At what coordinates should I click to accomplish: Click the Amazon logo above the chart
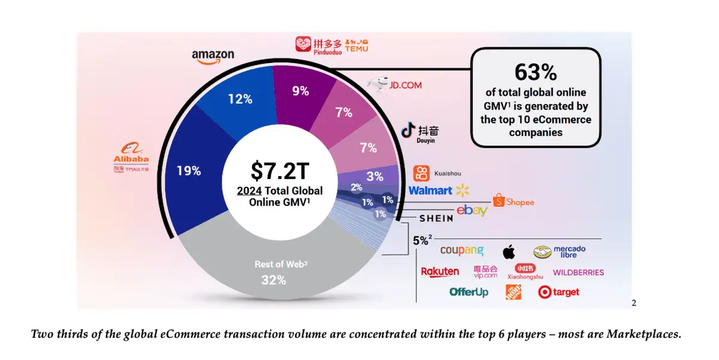tap(213, 55)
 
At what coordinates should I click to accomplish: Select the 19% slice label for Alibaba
tap(188, 171)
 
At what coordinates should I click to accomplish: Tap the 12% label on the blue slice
tap(240, 99)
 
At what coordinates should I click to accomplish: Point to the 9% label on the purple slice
tap(300, 91)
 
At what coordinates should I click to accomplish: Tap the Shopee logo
tap(513, 201)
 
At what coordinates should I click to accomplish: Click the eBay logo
tap(472, 210)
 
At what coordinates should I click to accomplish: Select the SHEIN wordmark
tap(431, 219)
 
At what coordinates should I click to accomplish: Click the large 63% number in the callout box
tap(536, 72)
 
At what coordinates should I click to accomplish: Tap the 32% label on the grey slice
tap(273, 280)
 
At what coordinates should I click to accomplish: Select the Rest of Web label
tap(275, 264)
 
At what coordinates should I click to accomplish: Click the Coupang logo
tap(461, 250)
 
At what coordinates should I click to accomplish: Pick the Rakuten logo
tap(440, 271)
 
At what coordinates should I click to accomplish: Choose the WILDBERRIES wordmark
tap(578, 273)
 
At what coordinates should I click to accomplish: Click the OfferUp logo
tap(469, 292)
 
